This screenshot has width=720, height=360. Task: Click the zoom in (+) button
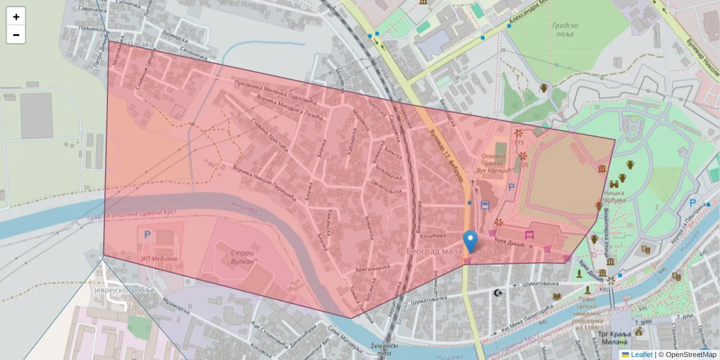(16, 17)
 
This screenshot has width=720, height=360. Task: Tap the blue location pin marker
(471, 241)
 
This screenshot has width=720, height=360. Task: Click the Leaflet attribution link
(641, 355)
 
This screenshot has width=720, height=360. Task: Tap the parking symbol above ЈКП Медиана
(147, 234)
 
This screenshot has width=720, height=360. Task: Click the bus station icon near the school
(485, 205)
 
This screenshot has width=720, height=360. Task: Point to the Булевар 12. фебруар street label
(447, 156)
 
